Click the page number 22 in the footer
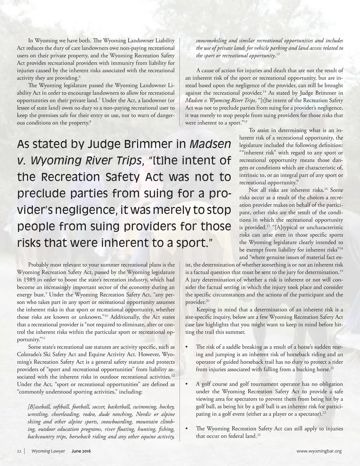pos(19,451)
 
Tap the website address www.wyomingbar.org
pos(319,451)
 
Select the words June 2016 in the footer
pos(81,451)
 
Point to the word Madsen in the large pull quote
pos(210,144)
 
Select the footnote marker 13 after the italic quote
pos(278,54)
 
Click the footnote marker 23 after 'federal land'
pos(258,435)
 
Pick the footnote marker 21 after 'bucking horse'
pos(332,368)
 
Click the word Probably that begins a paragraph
pos(39,265)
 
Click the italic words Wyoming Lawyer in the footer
pos(48,451)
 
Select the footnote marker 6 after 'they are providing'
pos(79,76)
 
